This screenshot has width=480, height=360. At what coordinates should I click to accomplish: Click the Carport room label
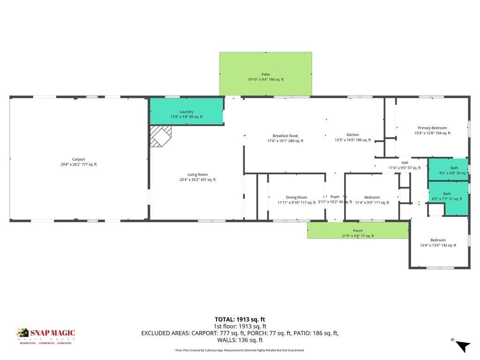(x=79, y=162)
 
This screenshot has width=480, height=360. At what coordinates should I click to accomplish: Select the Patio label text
(x=266, y=77)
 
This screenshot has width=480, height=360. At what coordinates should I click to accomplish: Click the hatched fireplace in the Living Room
(x=160, y=136)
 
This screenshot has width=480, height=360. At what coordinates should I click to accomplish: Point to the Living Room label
(x=197, y=177)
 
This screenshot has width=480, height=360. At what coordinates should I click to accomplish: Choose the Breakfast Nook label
(x=285, y=138)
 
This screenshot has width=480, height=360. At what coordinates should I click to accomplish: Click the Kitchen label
(x=352, y=137)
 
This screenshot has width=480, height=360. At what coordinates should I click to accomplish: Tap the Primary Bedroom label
(x=432, y=130)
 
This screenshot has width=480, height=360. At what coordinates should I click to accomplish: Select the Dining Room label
(x=296, y=200)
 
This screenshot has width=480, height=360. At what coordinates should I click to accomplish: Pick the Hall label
(x=405, y=165)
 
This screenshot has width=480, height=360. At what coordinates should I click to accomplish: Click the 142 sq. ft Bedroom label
(x=438, y=242)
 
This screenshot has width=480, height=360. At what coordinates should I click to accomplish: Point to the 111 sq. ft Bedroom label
(x=372, y=200)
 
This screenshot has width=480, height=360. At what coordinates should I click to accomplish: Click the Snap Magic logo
(x=46, y=336)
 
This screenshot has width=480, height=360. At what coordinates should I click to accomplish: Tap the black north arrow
(x=463, y=346)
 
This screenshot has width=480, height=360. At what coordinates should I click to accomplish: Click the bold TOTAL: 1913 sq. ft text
(x=240, y=319)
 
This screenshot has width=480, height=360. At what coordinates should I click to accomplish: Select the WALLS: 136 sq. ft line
(x=240, y=340)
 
